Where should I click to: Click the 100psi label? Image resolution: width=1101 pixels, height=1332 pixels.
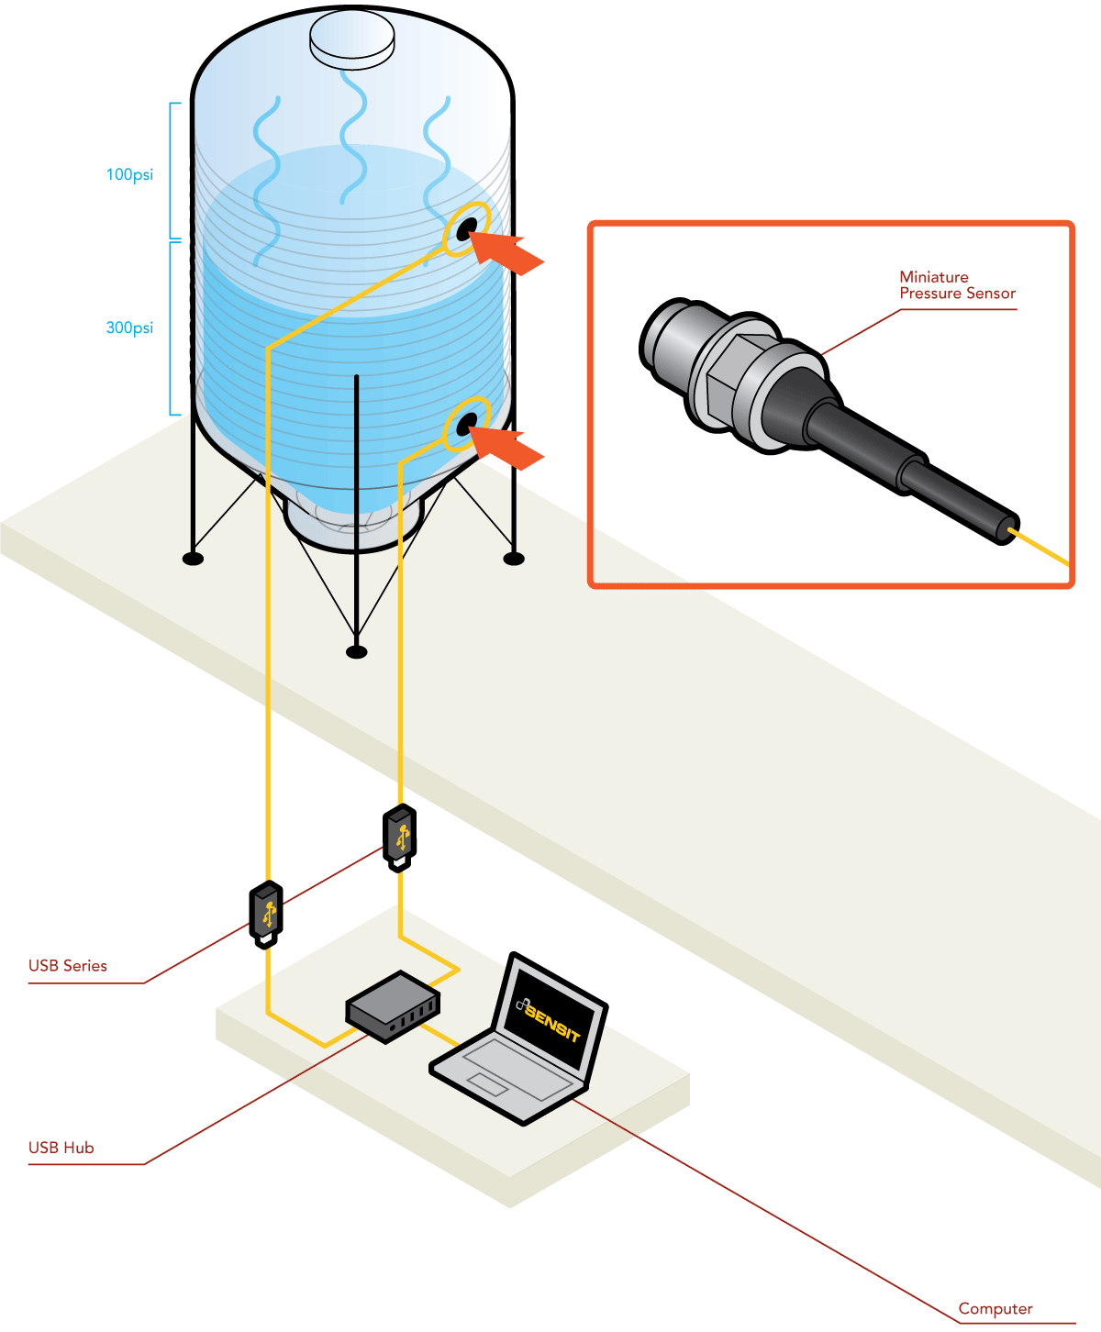pyautogui.click(x=129, y=174)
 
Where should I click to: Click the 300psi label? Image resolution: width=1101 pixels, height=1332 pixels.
pyautogui.click(x=129, y=327)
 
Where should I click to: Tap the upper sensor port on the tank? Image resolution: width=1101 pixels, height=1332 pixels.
pyautogui.click(x=466, y=228)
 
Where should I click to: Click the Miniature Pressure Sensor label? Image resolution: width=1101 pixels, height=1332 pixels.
pyautogui.click(x=957, y=285)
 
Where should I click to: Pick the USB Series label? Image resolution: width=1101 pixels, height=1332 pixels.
pyautogui.click(x=68, y=966)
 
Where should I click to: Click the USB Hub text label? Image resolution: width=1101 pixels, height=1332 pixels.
pyautogui.click(x=61, y=1148)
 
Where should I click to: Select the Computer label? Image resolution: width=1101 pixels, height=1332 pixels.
pyautogui.click(x=995, y=1309)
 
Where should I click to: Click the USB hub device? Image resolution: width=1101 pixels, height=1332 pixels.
pyautogui.click(x=393, y=1006)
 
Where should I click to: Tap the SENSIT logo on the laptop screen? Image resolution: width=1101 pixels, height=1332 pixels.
pyautogui.click(x=549, y=1018)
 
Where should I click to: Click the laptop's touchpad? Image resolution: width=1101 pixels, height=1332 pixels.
pyautogui.click(x=487, y=1084)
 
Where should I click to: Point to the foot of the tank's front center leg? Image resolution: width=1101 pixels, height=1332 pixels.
pyautogui.click(x=357, y=651)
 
